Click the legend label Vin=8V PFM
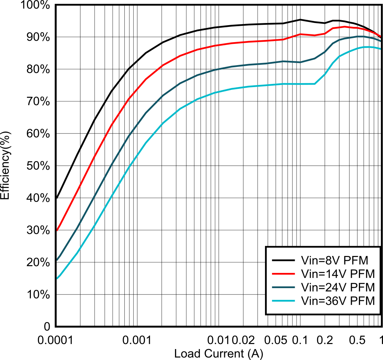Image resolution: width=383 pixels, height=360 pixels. point(334,261)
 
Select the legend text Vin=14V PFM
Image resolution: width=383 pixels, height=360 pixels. point(337,274)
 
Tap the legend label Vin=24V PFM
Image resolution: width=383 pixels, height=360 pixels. point(337,287)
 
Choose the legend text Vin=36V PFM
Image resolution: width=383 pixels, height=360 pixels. point(337,301)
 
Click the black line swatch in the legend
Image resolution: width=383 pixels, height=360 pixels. point(283,261)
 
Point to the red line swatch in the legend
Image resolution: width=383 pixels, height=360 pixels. point(283,274)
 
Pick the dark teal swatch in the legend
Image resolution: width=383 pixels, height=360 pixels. point(283,287)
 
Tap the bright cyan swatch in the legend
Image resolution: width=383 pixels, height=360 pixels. point(283,301)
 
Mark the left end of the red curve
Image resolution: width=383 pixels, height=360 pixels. point(57,230)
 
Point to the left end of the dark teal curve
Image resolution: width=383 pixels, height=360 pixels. point(57,259)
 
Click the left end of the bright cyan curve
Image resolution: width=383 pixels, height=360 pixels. point(57,279)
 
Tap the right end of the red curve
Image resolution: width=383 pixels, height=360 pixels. point(381,36)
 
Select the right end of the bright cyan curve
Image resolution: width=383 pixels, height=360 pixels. point(381,49)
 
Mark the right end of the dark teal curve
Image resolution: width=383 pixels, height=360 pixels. point(381,41)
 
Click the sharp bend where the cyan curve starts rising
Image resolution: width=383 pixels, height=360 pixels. point(315,84)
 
